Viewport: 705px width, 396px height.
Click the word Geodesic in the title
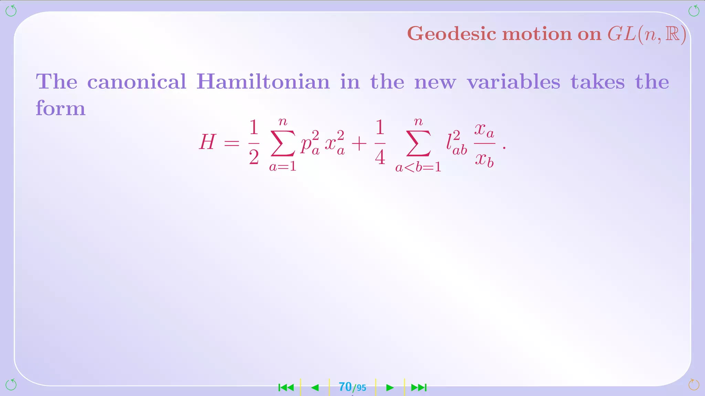pos(452,34)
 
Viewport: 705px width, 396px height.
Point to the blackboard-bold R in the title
pos(672,34)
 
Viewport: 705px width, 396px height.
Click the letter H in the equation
pos(207,142)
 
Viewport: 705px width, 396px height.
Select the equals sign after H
pos(232,143)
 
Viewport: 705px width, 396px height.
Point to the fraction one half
pos(254,142)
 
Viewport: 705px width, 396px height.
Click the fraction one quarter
pos(380,142)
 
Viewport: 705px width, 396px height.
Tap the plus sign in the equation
pos(359,143)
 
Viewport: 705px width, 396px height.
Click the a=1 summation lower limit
pos(283,167)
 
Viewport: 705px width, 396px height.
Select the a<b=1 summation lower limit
pos(418,167)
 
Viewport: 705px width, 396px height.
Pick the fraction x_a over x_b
pos(484,144)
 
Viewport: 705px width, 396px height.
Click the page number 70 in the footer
pos(345,387)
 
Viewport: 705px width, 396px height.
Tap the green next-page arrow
pos(390,388)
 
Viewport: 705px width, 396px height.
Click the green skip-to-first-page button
pos(286,388)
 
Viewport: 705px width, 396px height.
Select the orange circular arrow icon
pos(694,385)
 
